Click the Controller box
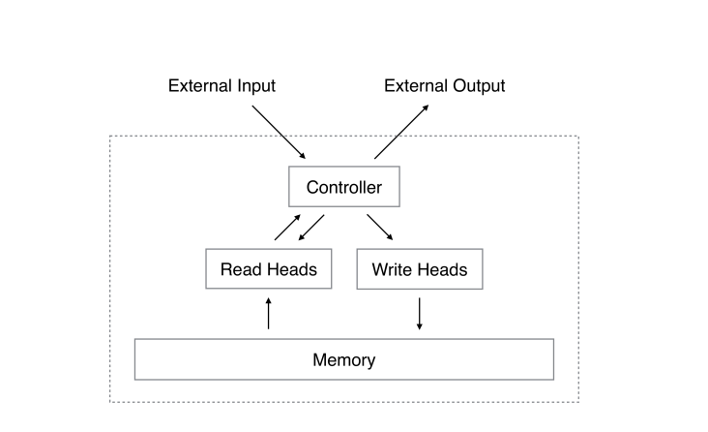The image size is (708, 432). (x=343, y=188)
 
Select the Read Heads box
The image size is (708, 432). (x=268, y=269)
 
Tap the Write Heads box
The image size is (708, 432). (x=419, y=269)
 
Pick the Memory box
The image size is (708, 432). (x=343, y=360)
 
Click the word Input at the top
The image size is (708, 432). (x=255, y=86)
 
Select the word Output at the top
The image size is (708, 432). (x=478, y=86)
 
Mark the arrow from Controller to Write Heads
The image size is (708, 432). (x=380, y=227)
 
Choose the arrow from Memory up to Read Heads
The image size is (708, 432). (x=269, y=314)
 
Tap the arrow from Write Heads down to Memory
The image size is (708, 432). (x=419, y=314)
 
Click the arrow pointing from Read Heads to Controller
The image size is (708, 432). (x=287, y=227)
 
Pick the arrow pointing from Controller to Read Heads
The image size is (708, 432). (x=310, y=229)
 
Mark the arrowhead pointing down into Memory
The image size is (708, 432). (x=419, y=326)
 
